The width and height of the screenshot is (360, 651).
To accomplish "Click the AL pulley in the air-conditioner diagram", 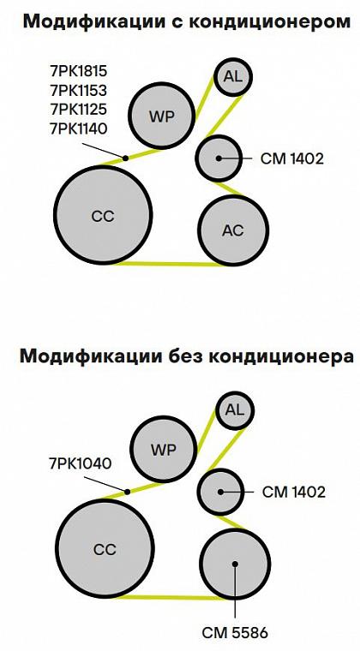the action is coord(233,76).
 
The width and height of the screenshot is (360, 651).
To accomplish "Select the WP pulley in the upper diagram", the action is coord(161,116).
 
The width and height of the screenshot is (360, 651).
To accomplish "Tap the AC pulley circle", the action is coord(233,230).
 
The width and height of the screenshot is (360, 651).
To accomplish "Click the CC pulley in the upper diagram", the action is coord(103,215).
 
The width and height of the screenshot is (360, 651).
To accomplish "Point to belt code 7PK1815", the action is coord(79,71).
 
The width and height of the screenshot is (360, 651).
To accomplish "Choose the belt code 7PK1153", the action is coord(79,90).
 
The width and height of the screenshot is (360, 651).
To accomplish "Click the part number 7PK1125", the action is coord(79,109).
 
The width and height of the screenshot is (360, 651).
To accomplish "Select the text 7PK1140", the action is coord(79,128).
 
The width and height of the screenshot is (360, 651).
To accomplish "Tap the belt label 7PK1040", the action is coord(81,463).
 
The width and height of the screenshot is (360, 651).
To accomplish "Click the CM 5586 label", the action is coord(235,633).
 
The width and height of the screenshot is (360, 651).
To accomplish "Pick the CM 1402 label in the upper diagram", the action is coord(292,158).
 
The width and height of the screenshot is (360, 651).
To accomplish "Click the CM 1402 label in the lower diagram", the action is coord(294,493).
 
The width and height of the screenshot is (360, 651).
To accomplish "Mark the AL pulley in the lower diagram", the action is coord(235,410).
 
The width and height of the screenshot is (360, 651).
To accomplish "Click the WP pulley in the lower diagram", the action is coord(164,450).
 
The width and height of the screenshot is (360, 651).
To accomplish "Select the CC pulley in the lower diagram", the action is coord(105,549).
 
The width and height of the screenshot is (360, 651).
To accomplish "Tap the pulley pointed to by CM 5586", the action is coord(236,564).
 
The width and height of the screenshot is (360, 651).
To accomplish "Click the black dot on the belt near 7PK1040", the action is coord(128,492).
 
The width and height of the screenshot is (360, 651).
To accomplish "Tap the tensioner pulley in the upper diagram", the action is coord(219,158).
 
